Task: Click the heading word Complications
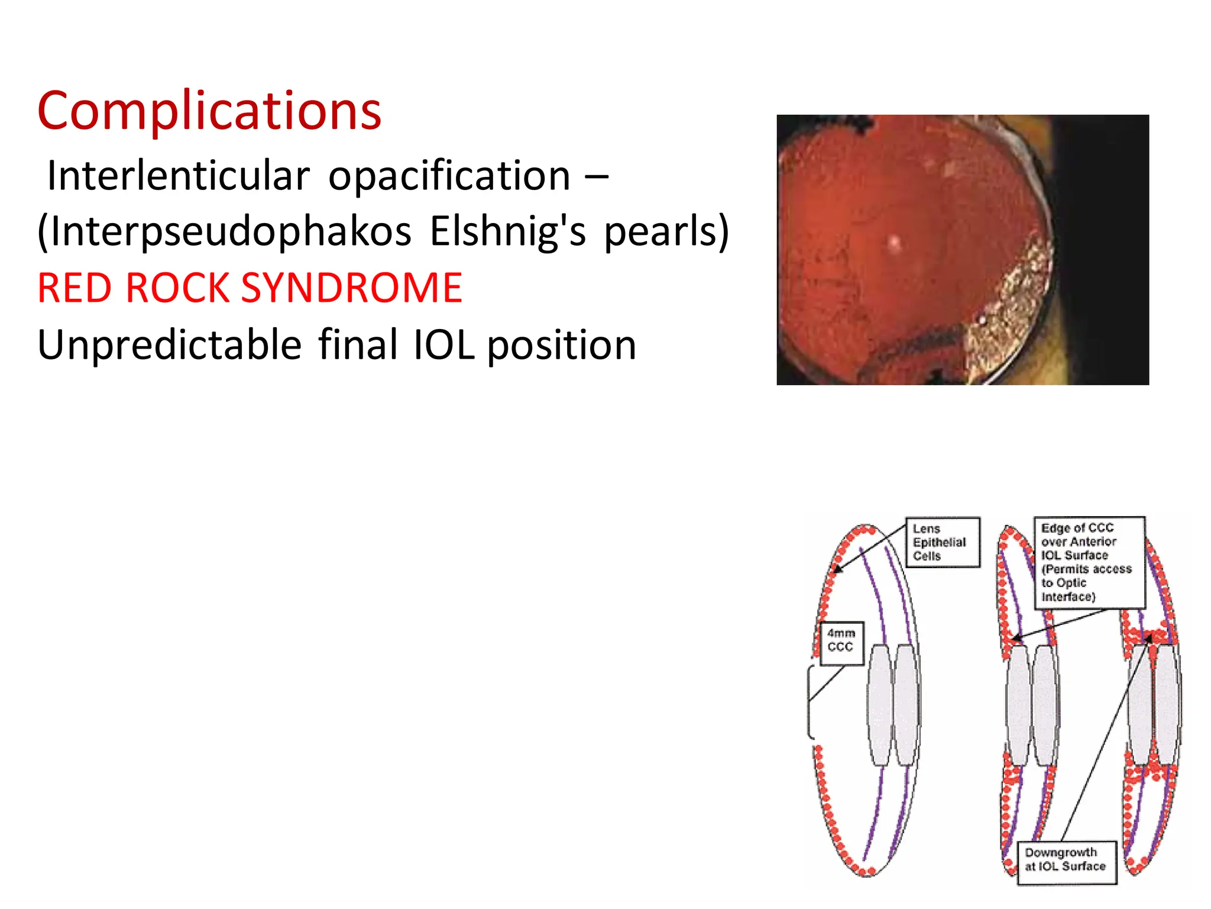click(x=209, y=111)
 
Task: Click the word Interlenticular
click(x=178, y=176)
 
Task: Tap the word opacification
click(x=449, y=176)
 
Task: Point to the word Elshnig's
click(x=507, y=231)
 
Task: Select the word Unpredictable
click(x=170, y=345)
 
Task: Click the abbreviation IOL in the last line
click(x=443, y=345)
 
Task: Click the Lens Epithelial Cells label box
click(x=943, y=542)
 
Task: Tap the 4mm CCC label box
click(x=841, y=643)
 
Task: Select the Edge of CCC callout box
click(x=1089, y=562)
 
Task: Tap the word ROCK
click(x=177, y=288)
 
